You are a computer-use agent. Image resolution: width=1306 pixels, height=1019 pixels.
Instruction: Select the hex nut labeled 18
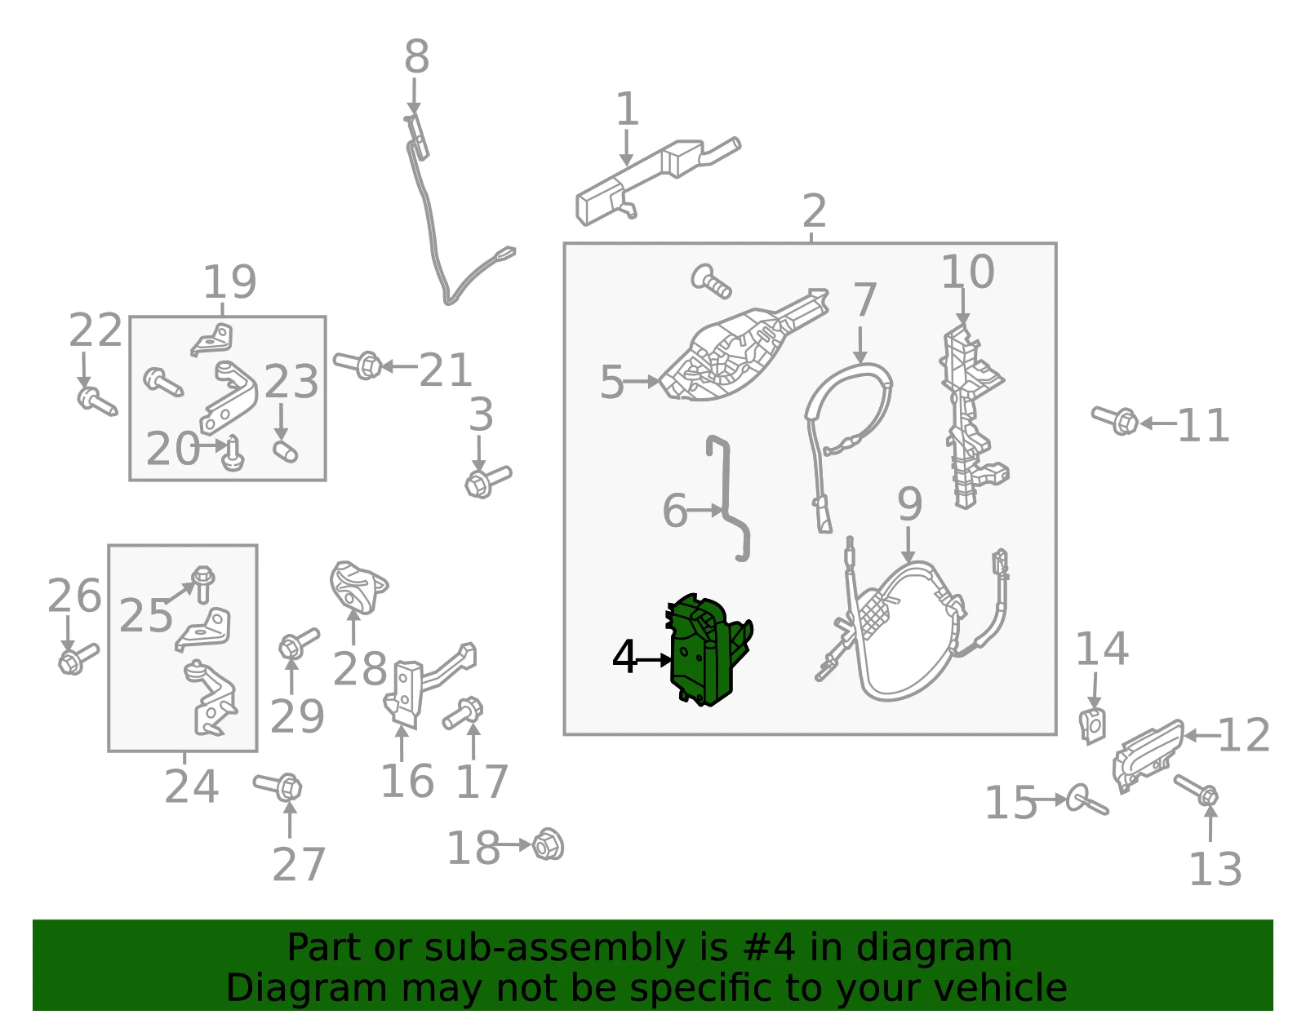pos(548,844)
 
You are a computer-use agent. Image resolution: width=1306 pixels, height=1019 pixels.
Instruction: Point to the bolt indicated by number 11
pos(1115,419)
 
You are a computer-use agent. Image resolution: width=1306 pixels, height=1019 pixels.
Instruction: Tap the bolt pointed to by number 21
pos(358,365)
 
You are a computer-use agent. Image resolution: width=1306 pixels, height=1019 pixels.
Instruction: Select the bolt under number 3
pos(487,481)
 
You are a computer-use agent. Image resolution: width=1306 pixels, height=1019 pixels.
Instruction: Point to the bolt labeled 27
pos(278,786)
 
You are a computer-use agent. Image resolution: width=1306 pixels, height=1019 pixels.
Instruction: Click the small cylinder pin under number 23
pos(285,451)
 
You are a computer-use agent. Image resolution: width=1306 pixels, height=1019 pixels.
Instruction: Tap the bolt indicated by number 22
pos(97,401)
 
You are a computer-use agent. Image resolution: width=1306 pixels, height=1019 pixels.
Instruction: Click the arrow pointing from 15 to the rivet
pos(1050,800)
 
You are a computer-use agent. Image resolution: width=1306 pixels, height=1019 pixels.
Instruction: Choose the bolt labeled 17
pos(463,713)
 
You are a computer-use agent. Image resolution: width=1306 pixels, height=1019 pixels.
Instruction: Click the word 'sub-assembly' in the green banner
pos(555,948)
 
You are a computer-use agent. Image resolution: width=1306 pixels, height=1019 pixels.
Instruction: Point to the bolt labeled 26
pos(78,658)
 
